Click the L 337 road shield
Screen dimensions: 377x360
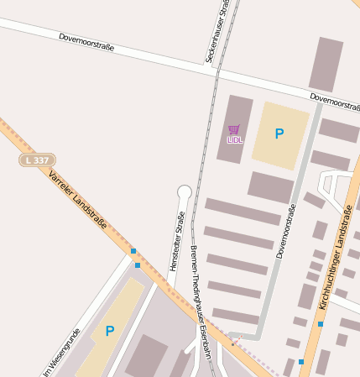tap(38, 160)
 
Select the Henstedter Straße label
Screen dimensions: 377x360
tap(177, 240)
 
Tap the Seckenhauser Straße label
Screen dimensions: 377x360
tap(217, 32)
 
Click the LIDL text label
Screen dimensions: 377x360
tap(234, 140)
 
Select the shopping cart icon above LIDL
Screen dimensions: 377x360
tap(233, 129)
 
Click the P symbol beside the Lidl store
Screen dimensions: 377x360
tap(279, 134)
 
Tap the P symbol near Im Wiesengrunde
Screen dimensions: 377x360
tap(109, 331)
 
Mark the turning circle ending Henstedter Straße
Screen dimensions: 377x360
tap(185, 192)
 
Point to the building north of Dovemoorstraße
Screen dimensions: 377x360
tap(326, 64)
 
